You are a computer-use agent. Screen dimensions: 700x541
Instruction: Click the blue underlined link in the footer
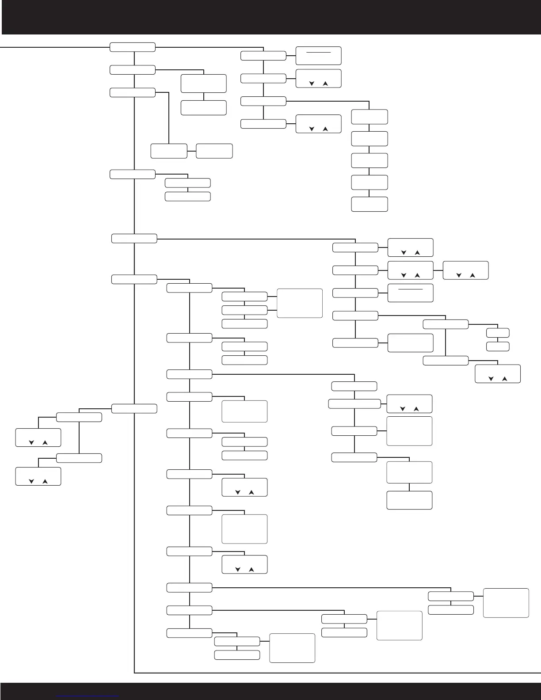tap(88, 695)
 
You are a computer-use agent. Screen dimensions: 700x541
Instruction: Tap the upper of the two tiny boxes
tap(498, 333)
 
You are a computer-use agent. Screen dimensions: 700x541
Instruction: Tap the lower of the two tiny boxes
tap(498, 346)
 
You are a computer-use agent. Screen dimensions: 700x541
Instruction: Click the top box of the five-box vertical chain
tap(370, 117)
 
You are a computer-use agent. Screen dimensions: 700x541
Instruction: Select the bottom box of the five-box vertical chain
tap(370, 204)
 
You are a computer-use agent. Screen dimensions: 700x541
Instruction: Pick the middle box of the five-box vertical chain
tap(370, 160)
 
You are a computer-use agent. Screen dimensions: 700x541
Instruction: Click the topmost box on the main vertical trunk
tap(133, 47)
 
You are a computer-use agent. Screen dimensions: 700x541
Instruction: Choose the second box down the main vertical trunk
tap(133, 70)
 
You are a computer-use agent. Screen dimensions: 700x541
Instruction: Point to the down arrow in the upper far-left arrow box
tap(31, 442)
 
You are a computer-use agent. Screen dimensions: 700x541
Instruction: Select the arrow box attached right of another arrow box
tap(465, 270)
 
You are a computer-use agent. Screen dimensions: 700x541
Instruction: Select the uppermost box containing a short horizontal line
tap(318, 55)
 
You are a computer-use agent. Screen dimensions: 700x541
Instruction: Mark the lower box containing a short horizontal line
tap(410, 293)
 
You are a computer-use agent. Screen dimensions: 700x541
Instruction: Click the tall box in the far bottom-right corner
tap(506, 602)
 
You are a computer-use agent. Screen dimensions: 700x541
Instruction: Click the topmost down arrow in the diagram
tap(312, 84)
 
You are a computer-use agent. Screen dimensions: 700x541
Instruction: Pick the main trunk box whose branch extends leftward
tap(134, 409)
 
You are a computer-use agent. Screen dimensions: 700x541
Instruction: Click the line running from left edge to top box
tap(53, 47)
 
